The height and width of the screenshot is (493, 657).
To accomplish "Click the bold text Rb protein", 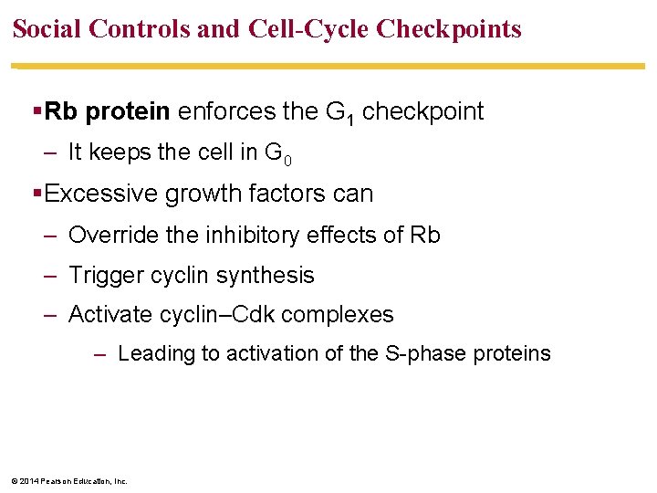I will [x=108, y=112].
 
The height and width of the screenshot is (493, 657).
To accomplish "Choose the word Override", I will [x=109, y=236].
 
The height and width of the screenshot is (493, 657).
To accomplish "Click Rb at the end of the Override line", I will [x=425, y=236].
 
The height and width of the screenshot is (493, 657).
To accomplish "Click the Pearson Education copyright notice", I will [x=68, y=480].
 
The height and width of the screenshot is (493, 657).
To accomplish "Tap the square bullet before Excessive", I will [x=36, y=194].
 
